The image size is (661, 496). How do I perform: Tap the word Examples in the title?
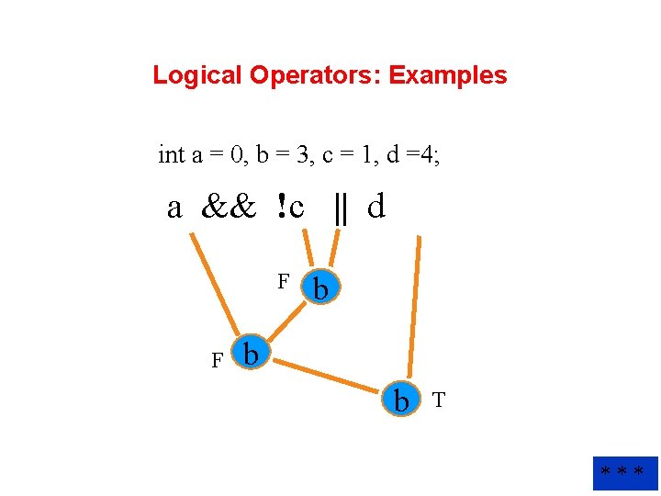click(x=448, y=75)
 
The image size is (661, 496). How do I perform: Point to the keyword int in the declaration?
click(x=172, y=155)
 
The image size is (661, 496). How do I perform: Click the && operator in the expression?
click(x=229, y=209)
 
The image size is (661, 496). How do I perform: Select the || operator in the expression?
click(x=342, y=209)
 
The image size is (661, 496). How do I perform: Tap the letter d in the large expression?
click(x=375, y=208)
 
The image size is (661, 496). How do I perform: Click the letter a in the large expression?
click(x=174, y=209)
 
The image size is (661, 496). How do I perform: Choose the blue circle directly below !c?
click(x=321, y=287)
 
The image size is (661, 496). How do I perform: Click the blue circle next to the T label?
click(x=401, y=400)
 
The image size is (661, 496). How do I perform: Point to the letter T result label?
click(x=439, y=400)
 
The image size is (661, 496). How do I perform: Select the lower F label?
click(x=218, y=361)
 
